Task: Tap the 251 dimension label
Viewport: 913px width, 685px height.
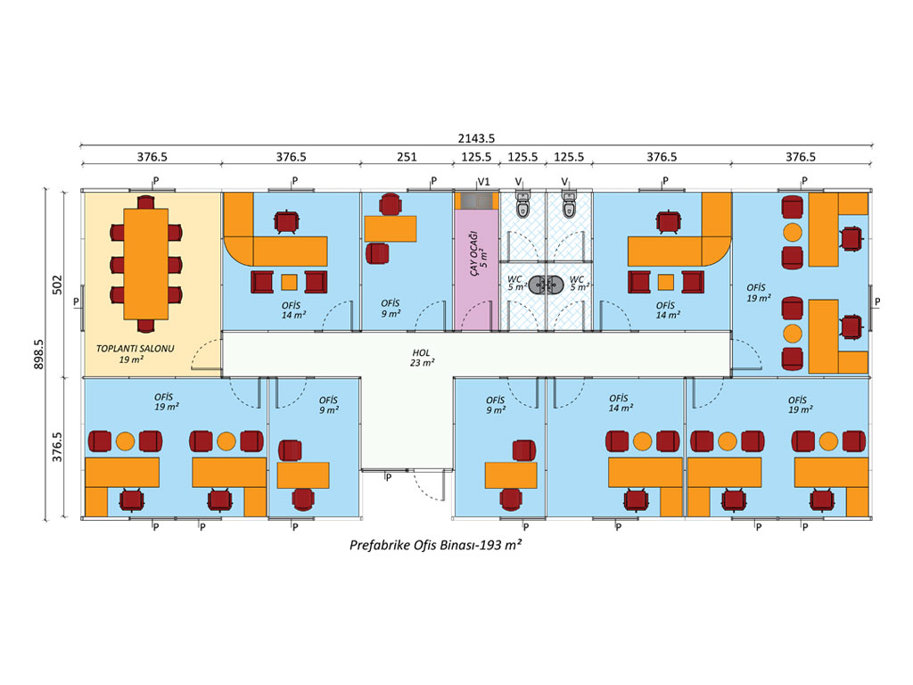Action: (x=407, y=156)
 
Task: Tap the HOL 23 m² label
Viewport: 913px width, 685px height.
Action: (x=423, y=357)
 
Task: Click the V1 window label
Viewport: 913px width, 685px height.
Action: (x=484, y=181)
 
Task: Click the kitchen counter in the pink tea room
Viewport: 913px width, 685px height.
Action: (x=476, y=201)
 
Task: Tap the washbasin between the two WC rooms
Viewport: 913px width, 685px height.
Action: (x=546, y=285)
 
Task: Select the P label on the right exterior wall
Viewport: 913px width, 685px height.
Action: (x=877, y=302)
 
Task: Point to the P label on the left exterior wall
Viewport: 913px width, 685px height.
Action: (x=76, y=302)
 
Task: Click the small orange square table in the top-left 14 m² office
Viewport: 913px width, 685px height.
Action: (x=289, y=283)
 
